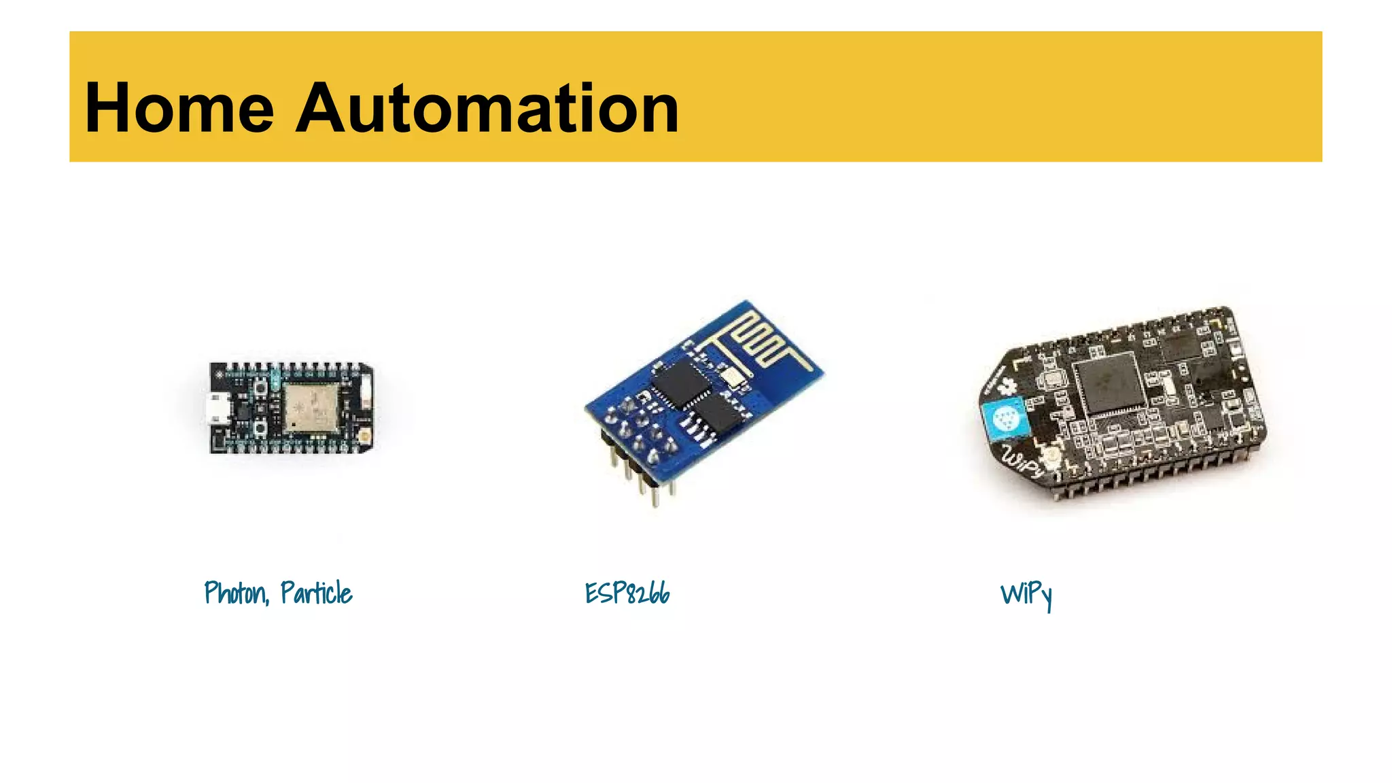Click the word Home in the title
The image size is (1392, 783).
click(x=179, y=109)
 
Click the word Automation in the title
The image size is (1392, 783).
click(x=487, y=109)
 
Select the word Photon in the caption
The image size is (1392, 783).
click(x=235, y=593)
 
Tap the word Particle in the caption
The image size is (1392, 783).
click(x=316, y=593)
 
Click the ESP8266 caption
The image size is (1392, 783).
click(x=627, y=593)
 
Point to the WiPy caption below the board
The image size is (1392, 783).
click(x=1026, y=595)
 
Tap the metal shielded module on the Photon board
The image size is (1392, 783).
click(x=311, y=408)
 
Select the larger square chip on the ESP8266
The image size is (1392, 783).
click(x=680, y=383)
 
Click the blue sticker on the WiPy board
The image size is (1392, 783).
click(x=1005, y=419)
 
